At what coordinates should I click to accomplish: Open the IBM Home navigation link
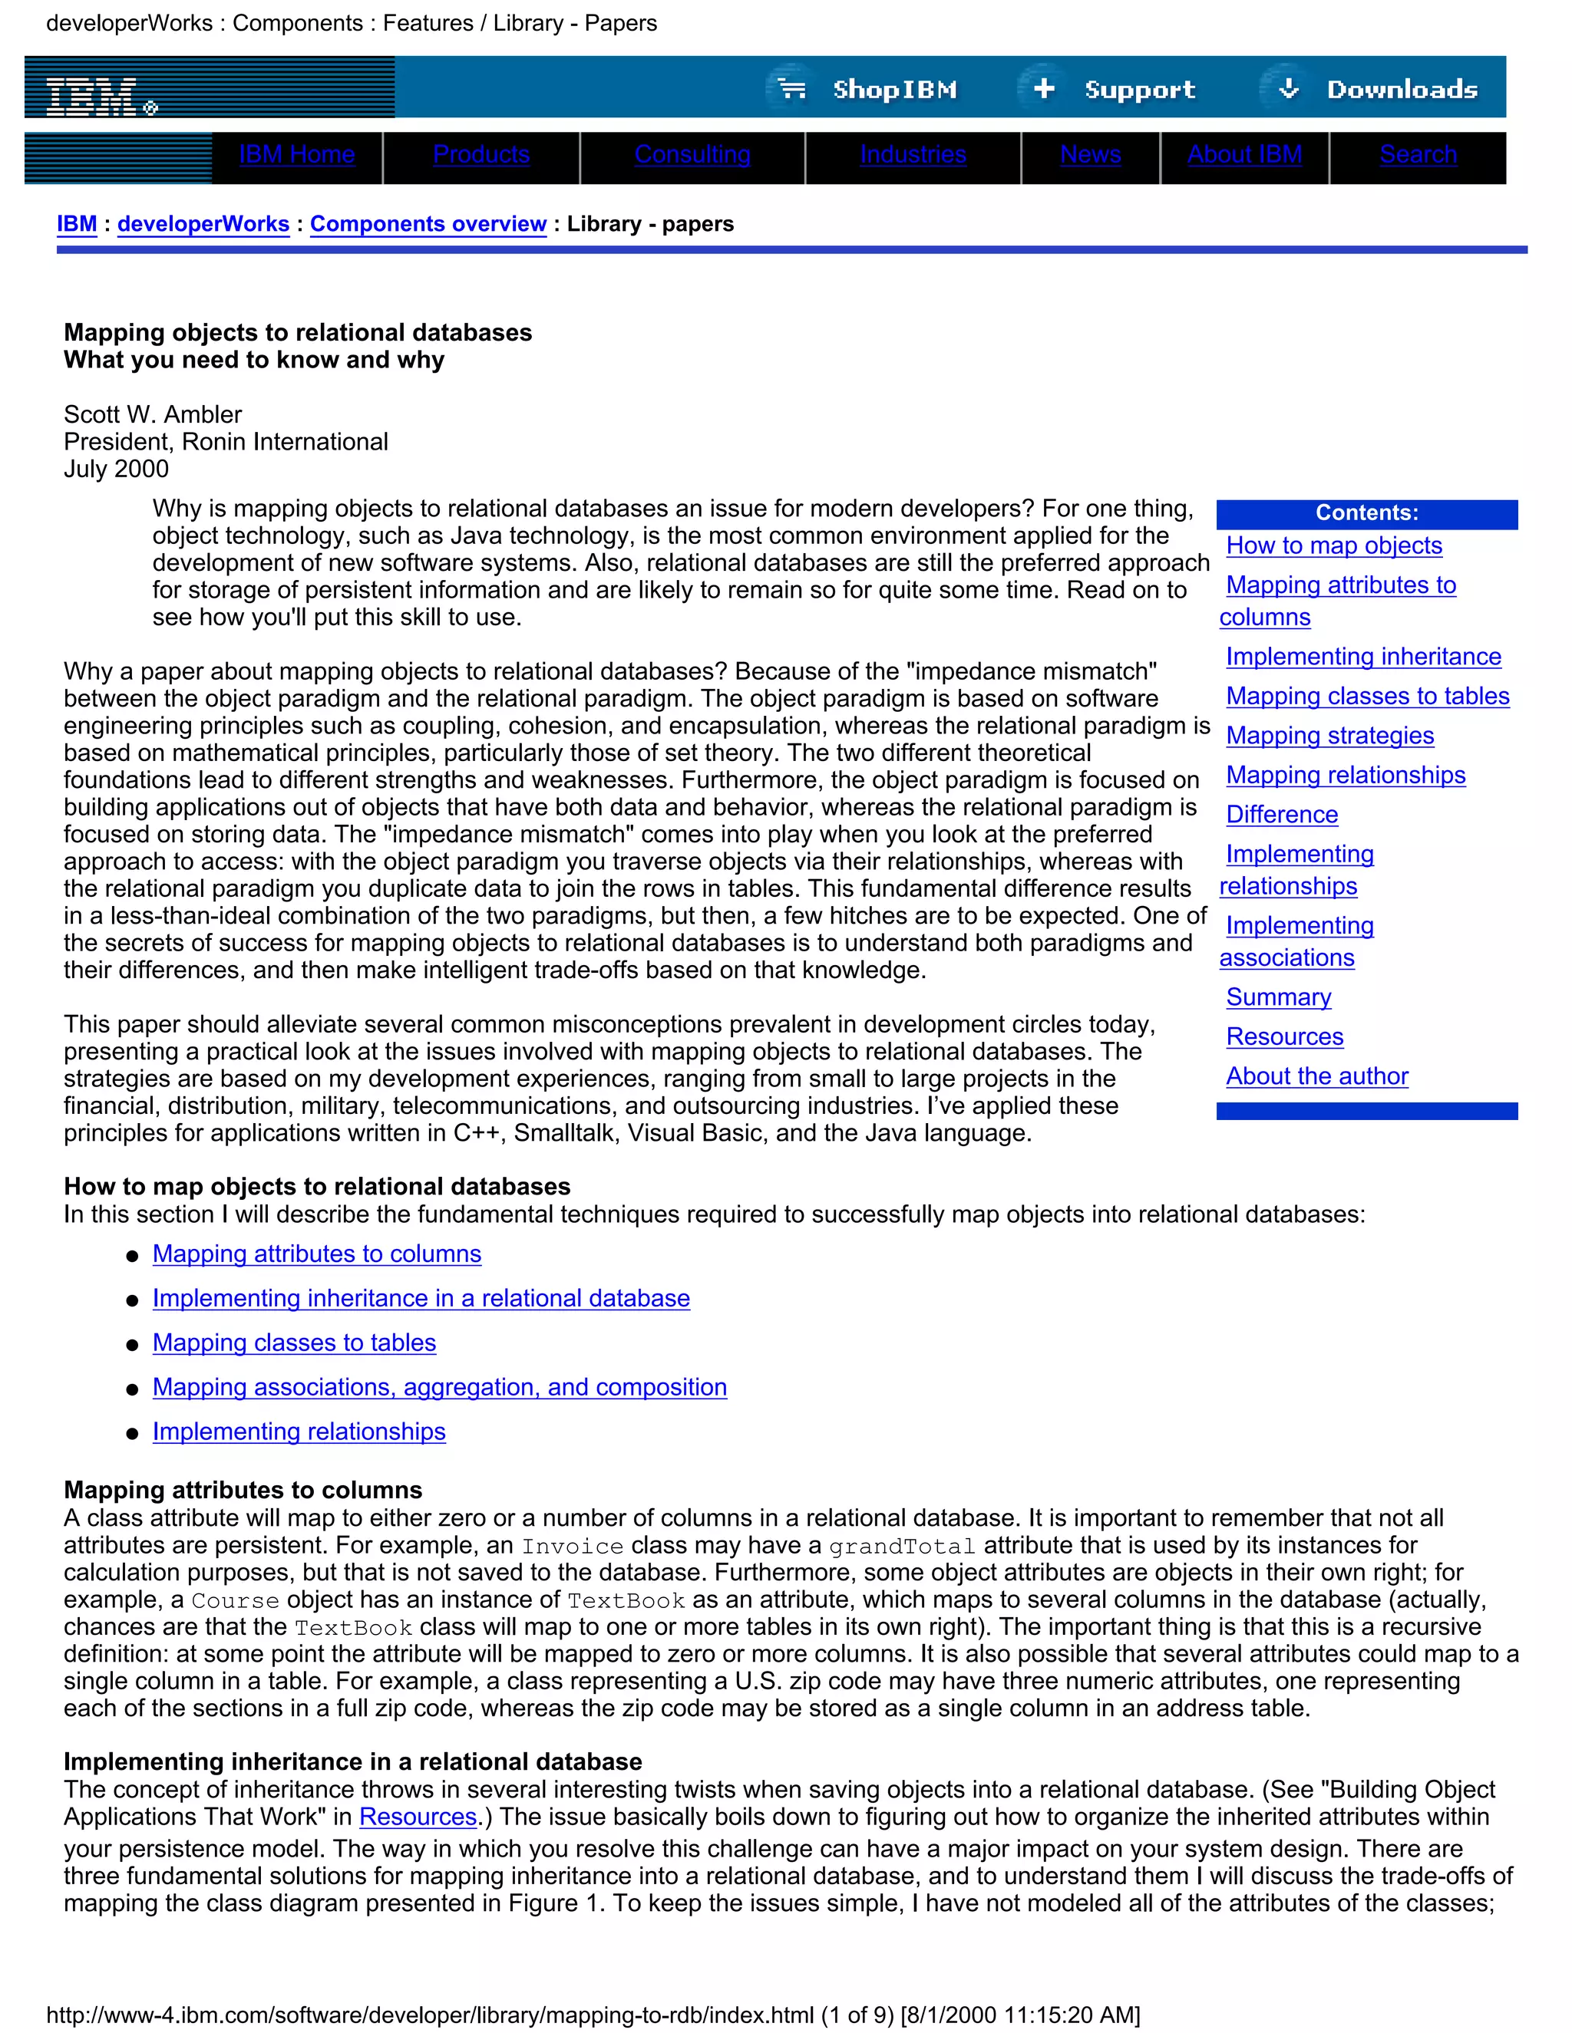point(296,154)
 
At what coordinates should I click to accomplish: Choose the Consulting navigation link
point(692,154)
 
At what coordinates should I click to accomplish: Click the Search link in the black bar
point(1418,154)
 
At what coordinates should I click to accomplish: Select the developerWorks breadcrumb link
point(203,224)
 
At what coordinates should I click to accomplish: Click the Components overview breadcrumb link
point(428,224)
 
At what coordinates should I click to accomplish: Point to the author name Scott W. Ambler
point(153,414)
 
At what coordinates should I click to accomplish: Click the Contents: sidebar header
point(1366,513)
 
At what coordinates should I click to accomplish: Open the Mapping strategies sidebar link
point(1329,736)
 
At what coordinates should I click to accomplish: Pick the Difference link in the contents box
point(1281,815)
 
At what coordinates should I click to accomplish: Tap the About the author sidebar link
point(1316,1076)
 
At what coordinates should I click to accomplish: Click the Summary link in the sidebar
point(1278,997)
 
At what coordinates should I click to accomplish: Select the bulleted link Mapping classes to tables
point(293,1343)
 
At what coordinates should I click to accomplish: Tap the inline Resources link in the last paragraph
point(418,1817)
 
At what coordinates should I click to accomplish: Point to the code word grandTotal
point(901,1547)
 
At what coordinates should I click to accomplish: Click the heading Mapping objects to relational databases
point(297,332)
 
